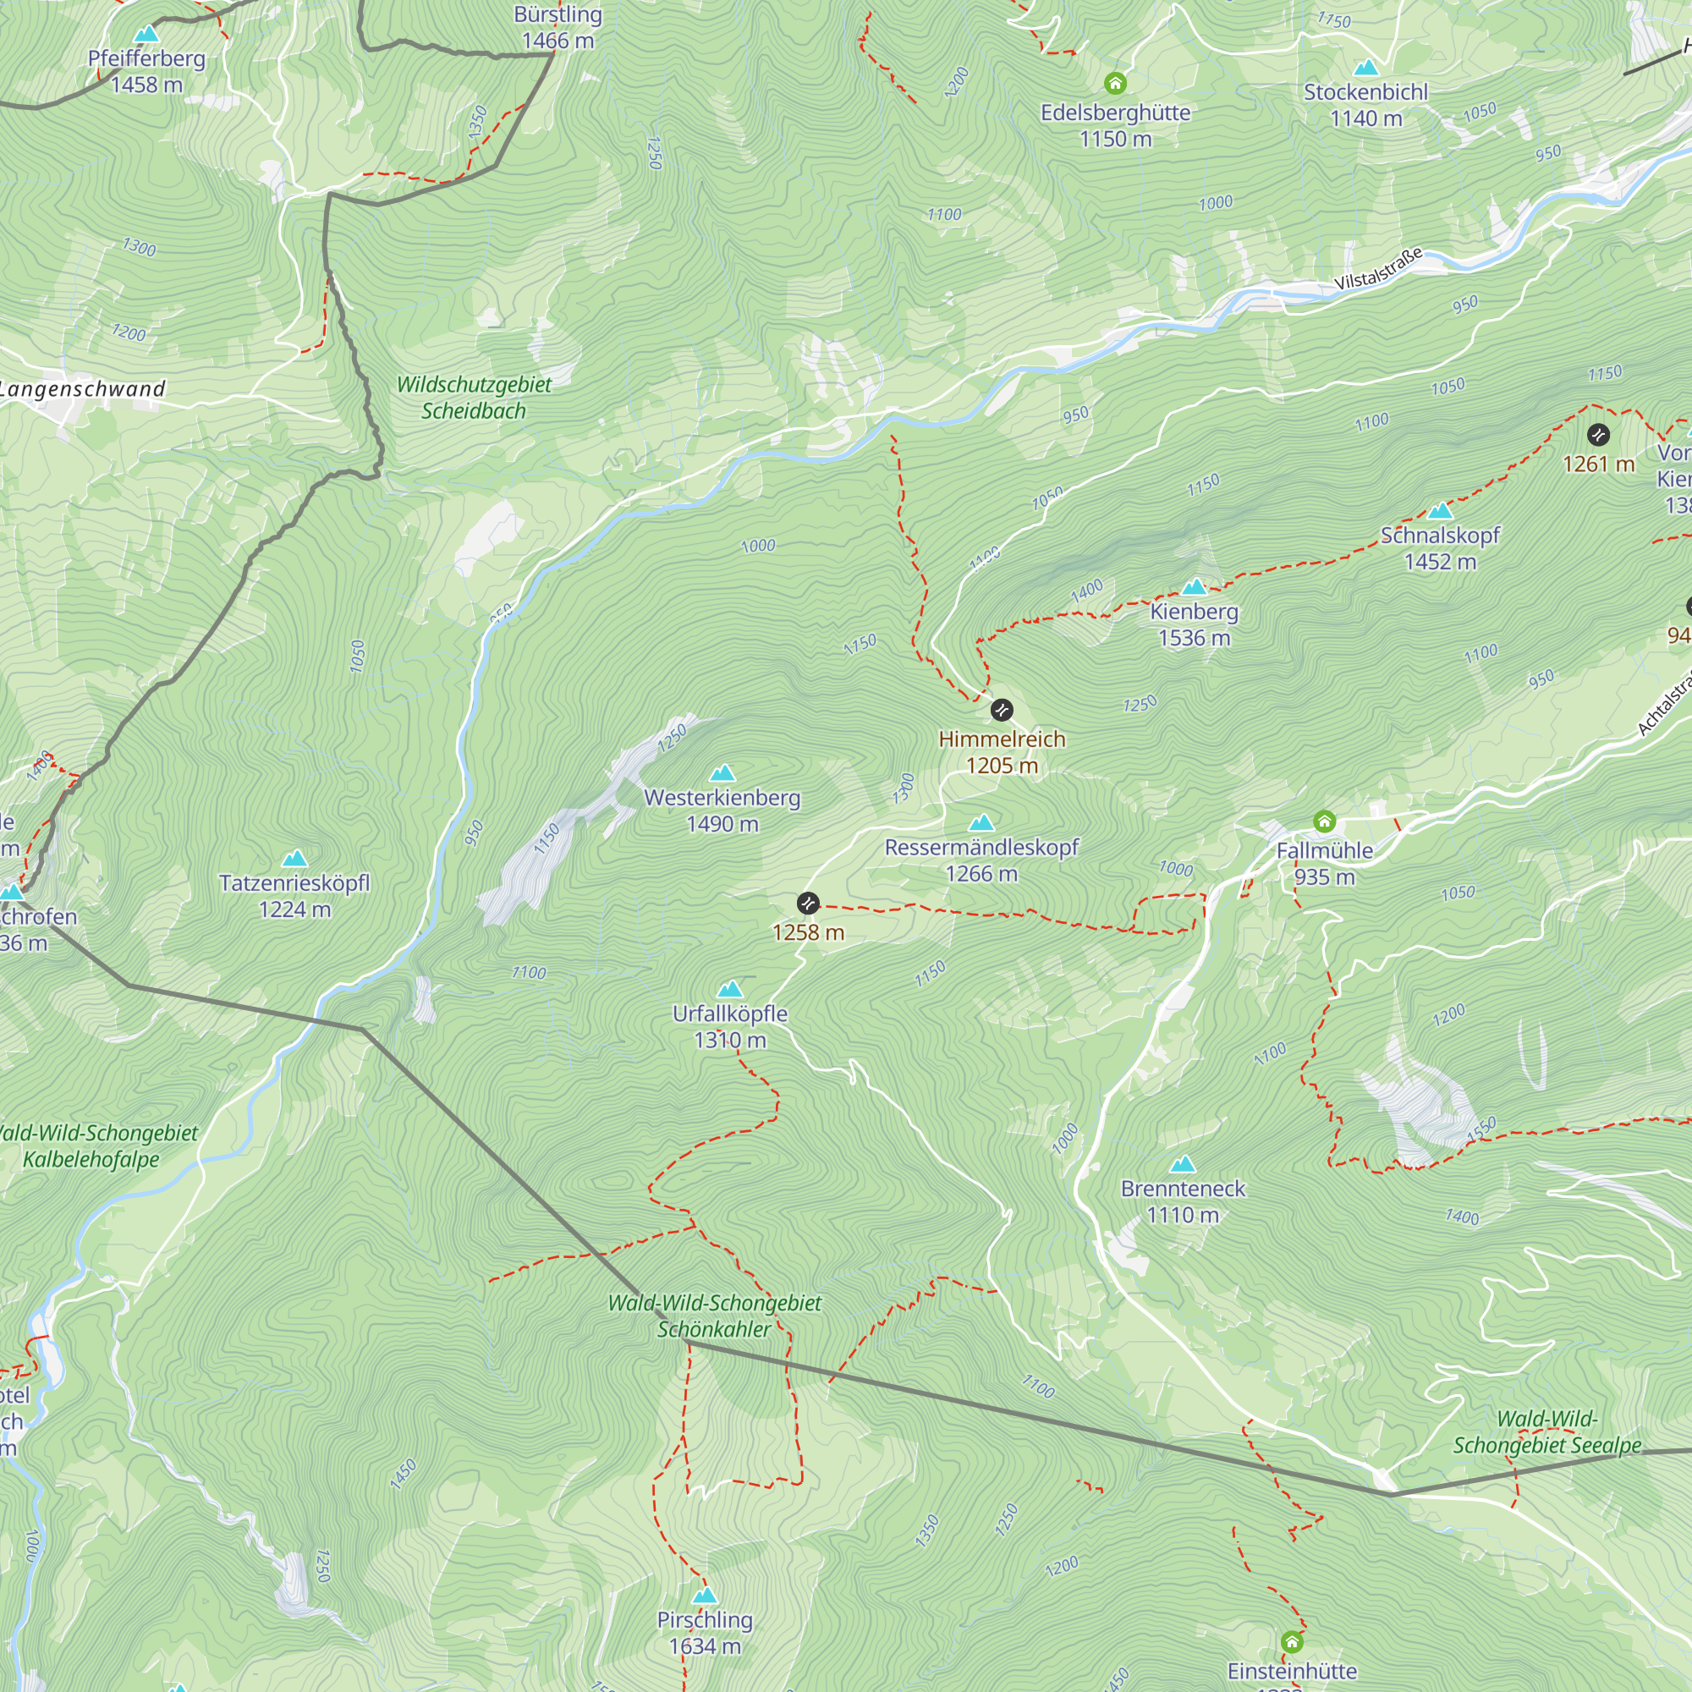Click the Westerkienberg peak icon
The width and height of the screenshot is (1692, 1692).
coord(722,772)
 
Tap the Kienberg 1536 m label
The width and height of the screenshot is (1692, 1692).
coord(1194,624)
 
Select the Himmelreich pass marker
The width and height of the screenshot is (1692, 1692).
coord(1001,710)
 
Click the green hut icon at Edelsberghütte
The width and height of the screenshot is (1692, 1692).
coord(1114,83)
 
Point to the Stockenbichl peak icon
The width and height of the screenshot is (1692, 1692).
coord(1365,68)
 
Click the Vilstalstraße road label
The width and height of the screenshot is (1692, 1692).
coord(1377,269)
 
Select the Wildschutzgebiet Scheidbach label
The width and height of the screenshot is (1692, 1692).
coord(474,398)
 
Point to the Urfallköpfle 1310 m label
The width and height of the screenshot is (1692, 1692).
coord(729,1026)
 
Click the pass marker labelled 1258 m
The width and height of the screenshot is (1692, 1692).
coord(807,902)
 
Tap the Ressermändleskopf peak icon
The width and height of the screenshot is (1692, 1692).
coord(981,822)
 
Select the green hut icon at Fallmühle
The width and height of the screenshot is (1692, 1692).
coord(1323,821)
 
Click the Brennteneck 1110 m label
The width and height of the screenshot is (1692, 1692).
coord(1183,1201)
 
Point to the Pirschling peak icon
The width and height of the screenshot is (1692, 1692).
coord(704,1595)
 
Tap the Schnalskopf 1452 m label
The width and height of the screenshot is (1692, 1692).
coord(1440,548)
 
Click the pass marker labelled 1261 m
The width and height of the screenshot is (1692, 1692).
coord(1597,434)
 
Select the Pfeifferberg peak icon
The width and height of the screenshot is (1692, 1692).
coord(146,34)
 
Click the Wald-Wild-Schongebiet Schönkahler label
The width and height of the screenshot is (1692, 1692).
coord(714,1316)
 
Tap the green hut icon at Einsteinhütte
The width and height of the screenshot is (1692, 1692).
coord(1292,1640)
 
